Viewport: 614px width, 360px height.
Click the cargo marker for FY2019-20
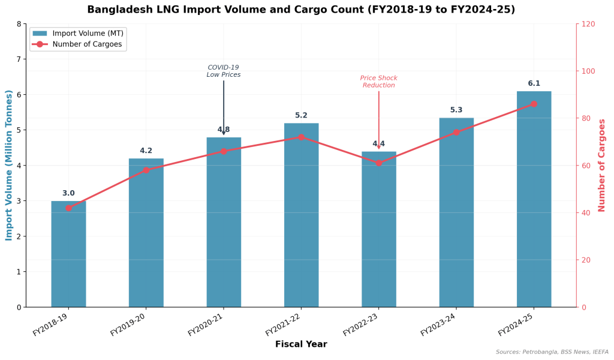[146, 170]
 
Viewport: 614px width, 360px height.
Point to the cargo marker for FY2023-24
[456, 132]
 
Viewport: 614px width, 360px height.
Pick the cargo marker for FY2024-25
[534, 104]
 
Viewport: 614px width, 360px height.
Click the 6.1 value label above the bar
[534, 83]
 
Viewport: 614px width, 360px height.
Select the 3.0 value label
[68, 193]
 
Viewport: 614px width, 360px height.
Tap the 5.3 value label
[456, 110]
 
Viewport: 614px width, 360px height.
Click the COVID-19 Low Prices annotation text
[224, 71]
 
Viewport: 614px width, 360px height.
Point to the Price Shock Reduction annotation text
[378, 82]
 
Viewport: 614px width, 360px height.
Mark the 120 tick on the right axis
[588, 24]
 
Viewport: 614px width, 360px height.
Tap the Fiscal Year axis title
[301, 344]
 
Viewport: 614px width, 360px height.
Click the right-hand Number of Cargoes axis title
[602, 165]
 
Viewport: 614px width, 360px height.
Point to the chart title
[301, 10]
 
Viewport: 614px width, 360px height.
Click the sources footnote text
[552, 352]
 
